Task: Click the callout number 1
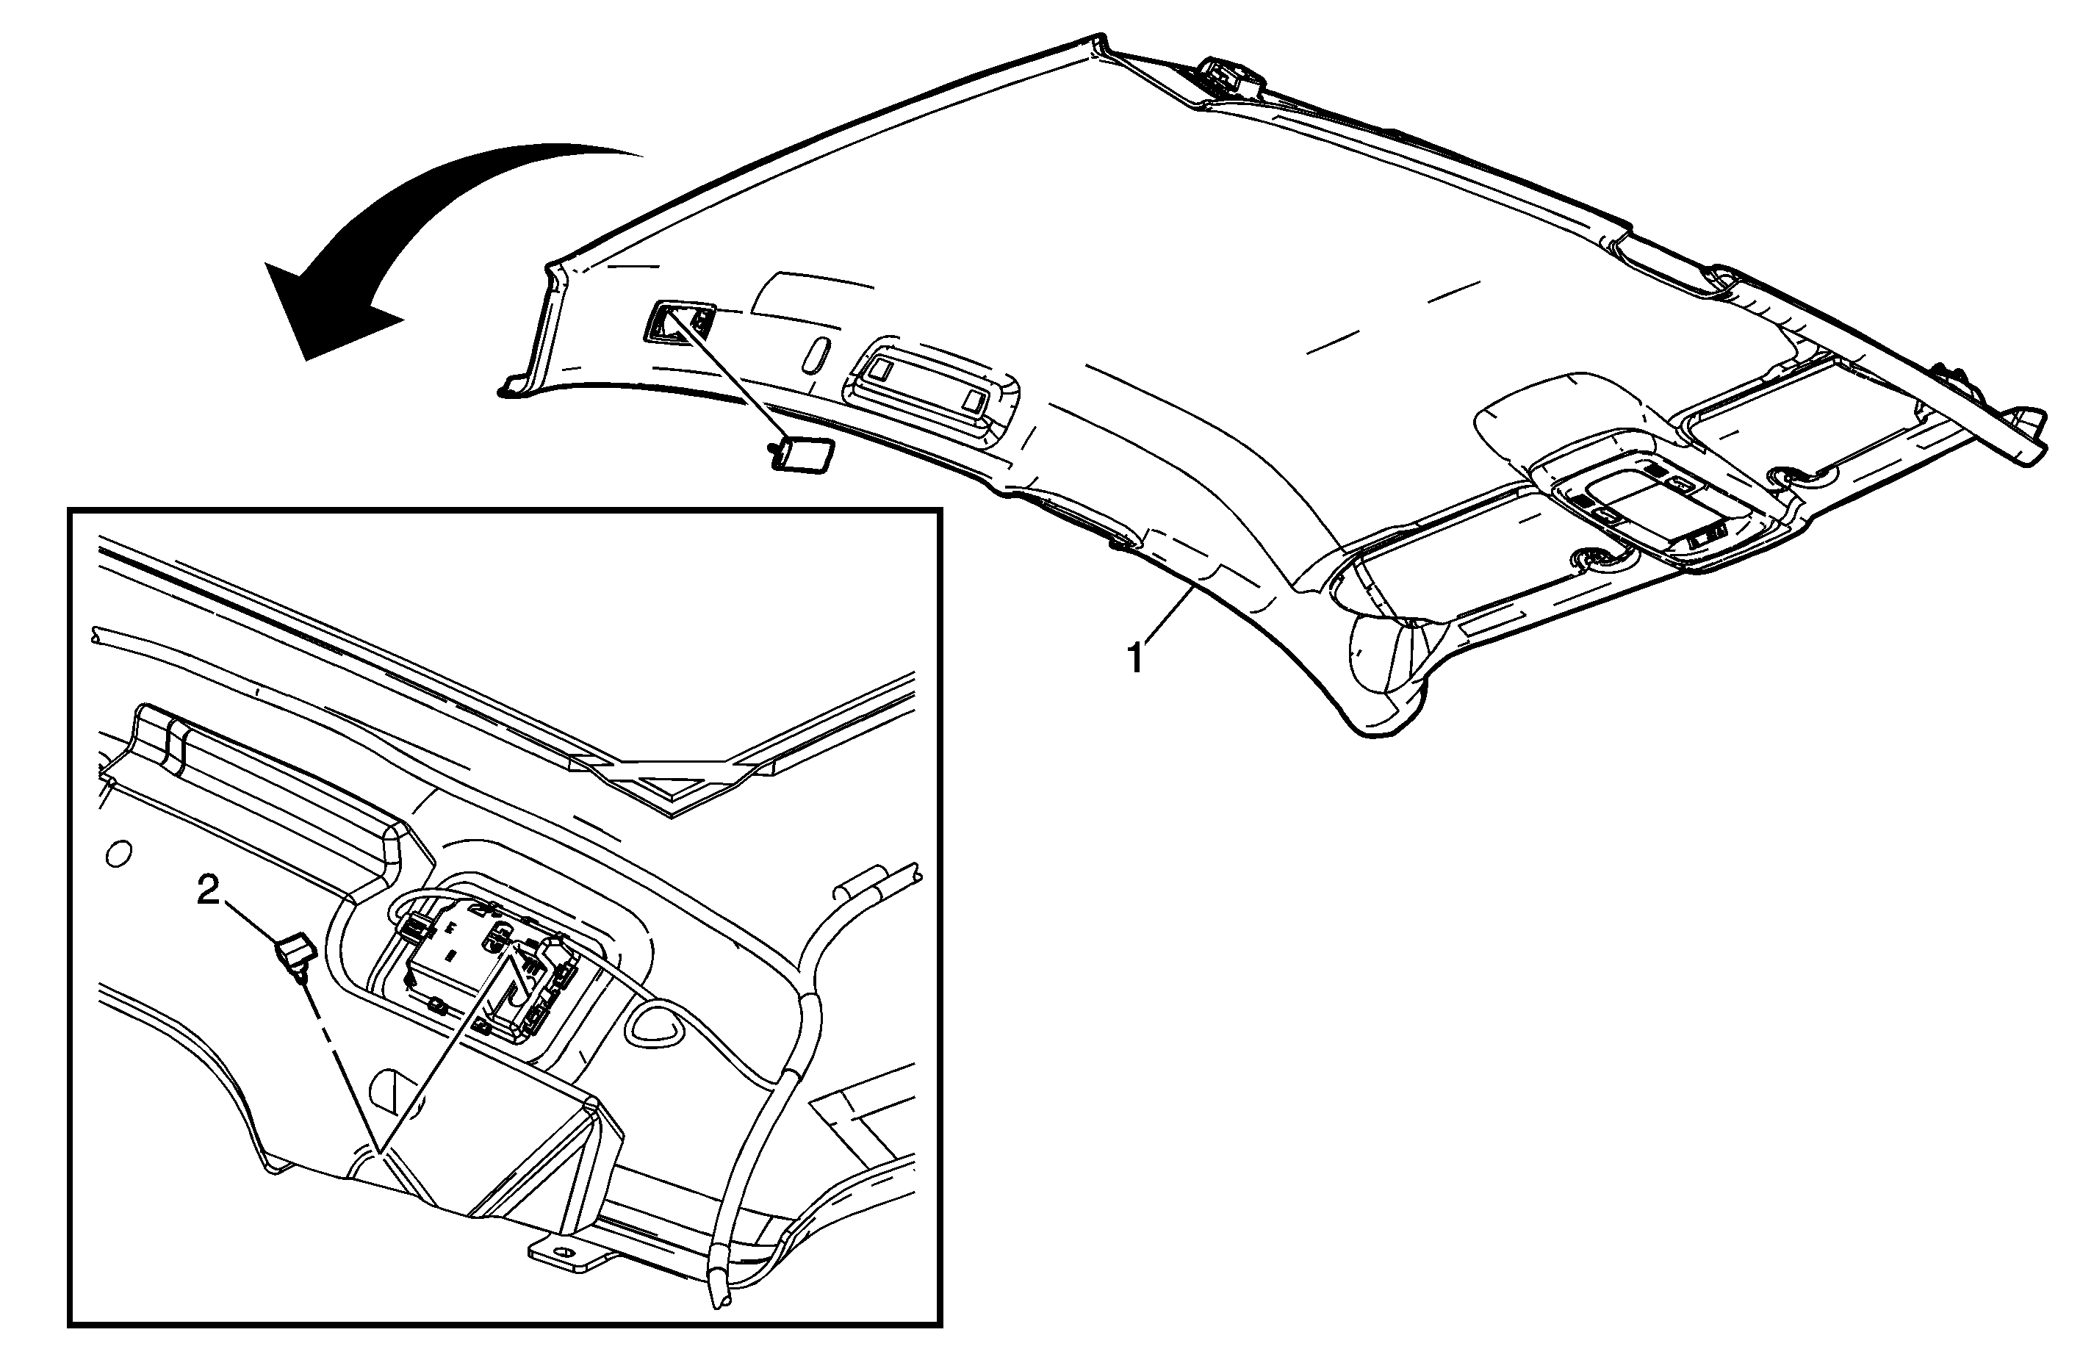[1136, 659]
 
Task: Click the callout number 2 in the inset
[209, 893]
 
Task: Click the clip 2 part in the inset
[295, 954]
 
